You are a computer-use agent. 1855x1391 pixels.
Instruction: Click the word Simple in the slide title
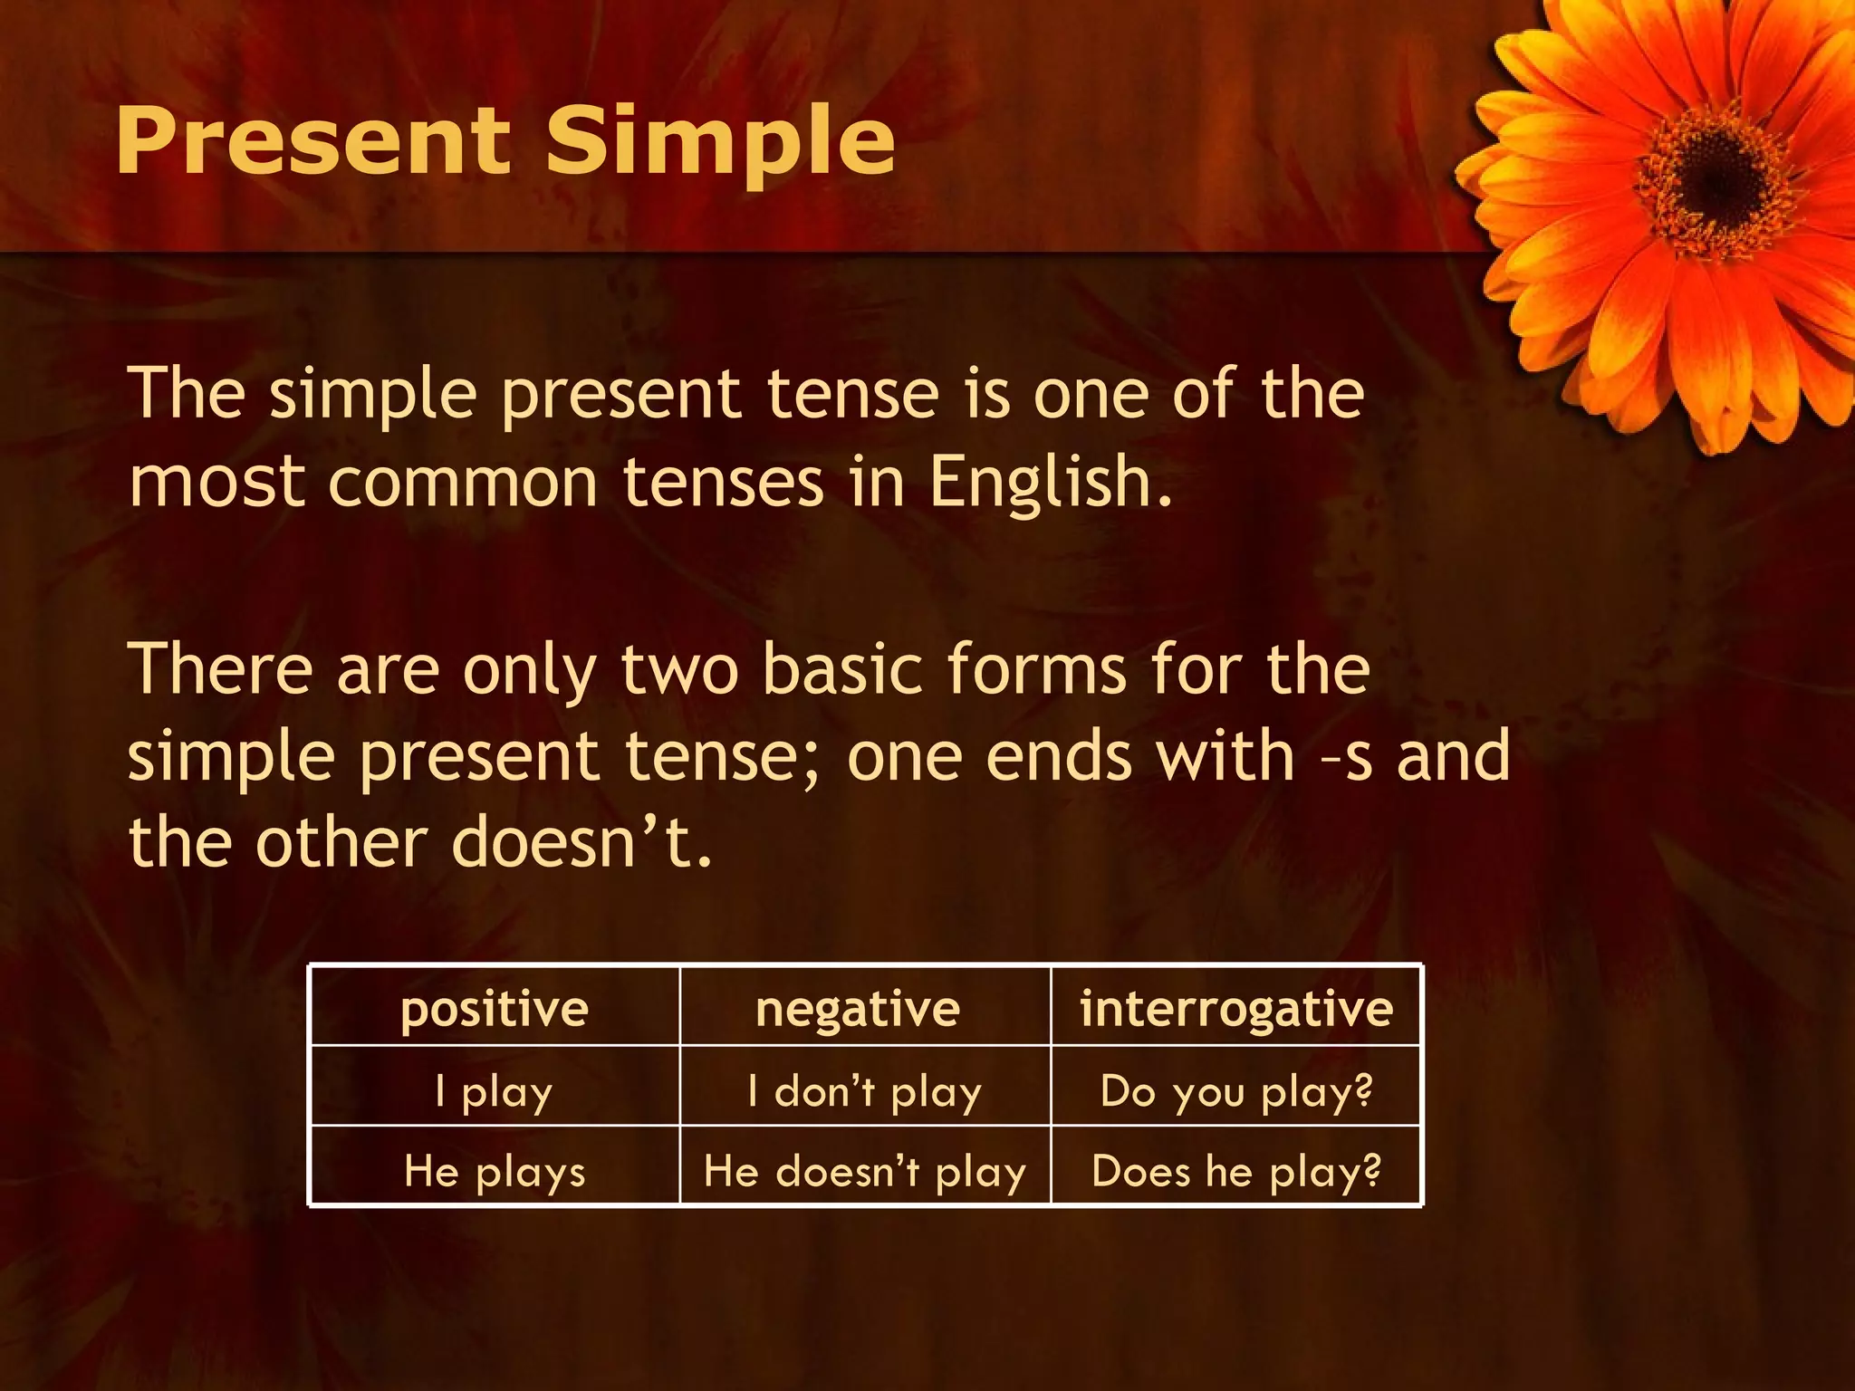tap(720, 142)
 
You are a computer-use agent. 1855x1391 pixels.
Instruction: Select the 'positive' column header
tap(495, 1008)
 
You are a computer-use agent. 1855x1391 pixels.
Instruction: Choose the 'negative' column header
tap(857, 1008)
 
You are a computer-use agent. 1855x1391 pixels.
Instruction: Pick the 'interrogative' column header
tap(1235, 1008)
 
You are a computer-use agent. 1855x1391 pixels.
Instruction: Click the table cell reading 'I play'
tap(495, 1091)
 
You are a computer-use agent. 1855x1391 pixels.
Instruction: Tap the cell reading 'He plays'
tap(495, 1171)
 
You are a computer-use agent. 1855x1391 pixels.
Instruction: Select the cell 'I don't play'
tap(864, 1091)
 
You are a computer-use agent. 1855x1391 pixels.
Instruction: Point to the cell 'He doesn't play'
tap(864, 1171)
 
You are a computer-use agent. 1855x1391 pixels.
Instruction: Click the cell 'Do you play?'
tap(1235, 1091)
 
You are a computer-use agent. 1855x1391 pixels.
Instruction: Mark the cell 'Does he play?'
tap(1235, 1171)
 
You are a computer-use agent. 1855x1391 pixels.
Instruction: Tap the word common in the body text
tap(462, 483)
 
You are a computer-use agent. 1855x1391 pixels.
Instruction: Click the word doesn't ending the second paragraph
tap(580, 843)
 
